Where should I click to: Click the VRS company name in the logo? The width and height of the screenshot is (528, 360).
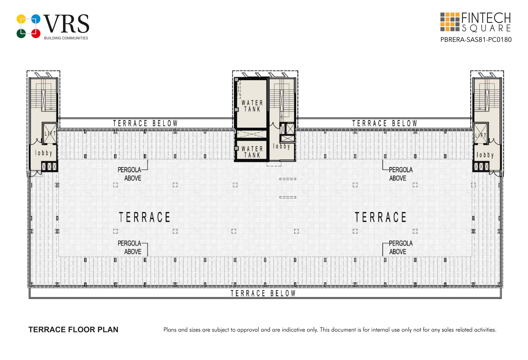pos(66,24)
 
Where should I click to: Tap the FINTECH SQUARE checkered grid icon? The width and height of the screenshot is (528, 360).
pos(450,22)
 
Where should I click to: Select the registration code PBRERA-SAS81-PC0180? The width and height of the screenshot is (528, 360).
pos(476,40)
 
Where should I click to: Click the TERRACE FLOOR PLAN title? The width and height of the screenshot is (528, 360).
pos(73,329)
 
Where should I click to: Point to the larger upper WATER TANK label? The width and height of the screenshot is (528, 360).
pos(252,106)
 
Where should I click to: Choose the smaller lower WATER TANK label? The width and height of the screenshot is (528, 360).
pos(252,152)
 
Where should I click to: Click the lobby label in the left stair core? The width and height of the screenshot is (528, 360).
pos(44,153)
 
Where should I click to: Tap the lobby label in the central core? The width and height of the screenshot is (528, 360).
pos(282,146)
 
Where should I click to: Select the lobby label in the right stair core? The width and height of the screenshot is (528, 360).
pos(485,155)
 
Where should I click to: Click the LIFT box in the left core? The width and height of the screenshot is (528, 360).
pos(50,133)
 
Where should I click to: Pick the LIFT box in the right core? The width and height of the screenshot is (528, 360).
pos(481,133)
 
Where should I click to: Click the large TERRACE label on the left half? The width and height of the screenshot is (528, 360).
pos(145,217)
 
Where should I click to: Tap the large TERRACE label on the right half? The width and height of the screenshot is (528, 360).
pos(380,217)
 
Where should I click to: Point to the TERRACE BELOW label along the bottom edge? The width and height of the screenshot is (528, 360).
pos(263,293)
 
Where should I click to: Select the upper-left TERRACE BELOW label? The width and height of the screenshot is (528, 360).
pos(145,123)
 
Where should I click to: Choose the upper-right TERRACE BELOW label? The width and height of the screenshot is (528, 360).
pos(385,123)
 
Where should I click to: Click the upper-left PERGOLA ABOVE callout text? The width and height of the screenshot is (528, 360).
pos(129,174)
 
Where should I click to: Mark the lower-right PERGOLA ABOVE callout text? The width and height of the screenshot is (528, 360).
pos(401,247)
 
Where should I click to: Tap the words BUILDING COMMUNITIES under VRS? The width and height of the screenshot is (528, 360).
pos(66,38)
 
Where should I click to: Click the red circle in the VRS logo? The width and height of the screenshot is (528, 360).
pos(36,33)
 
